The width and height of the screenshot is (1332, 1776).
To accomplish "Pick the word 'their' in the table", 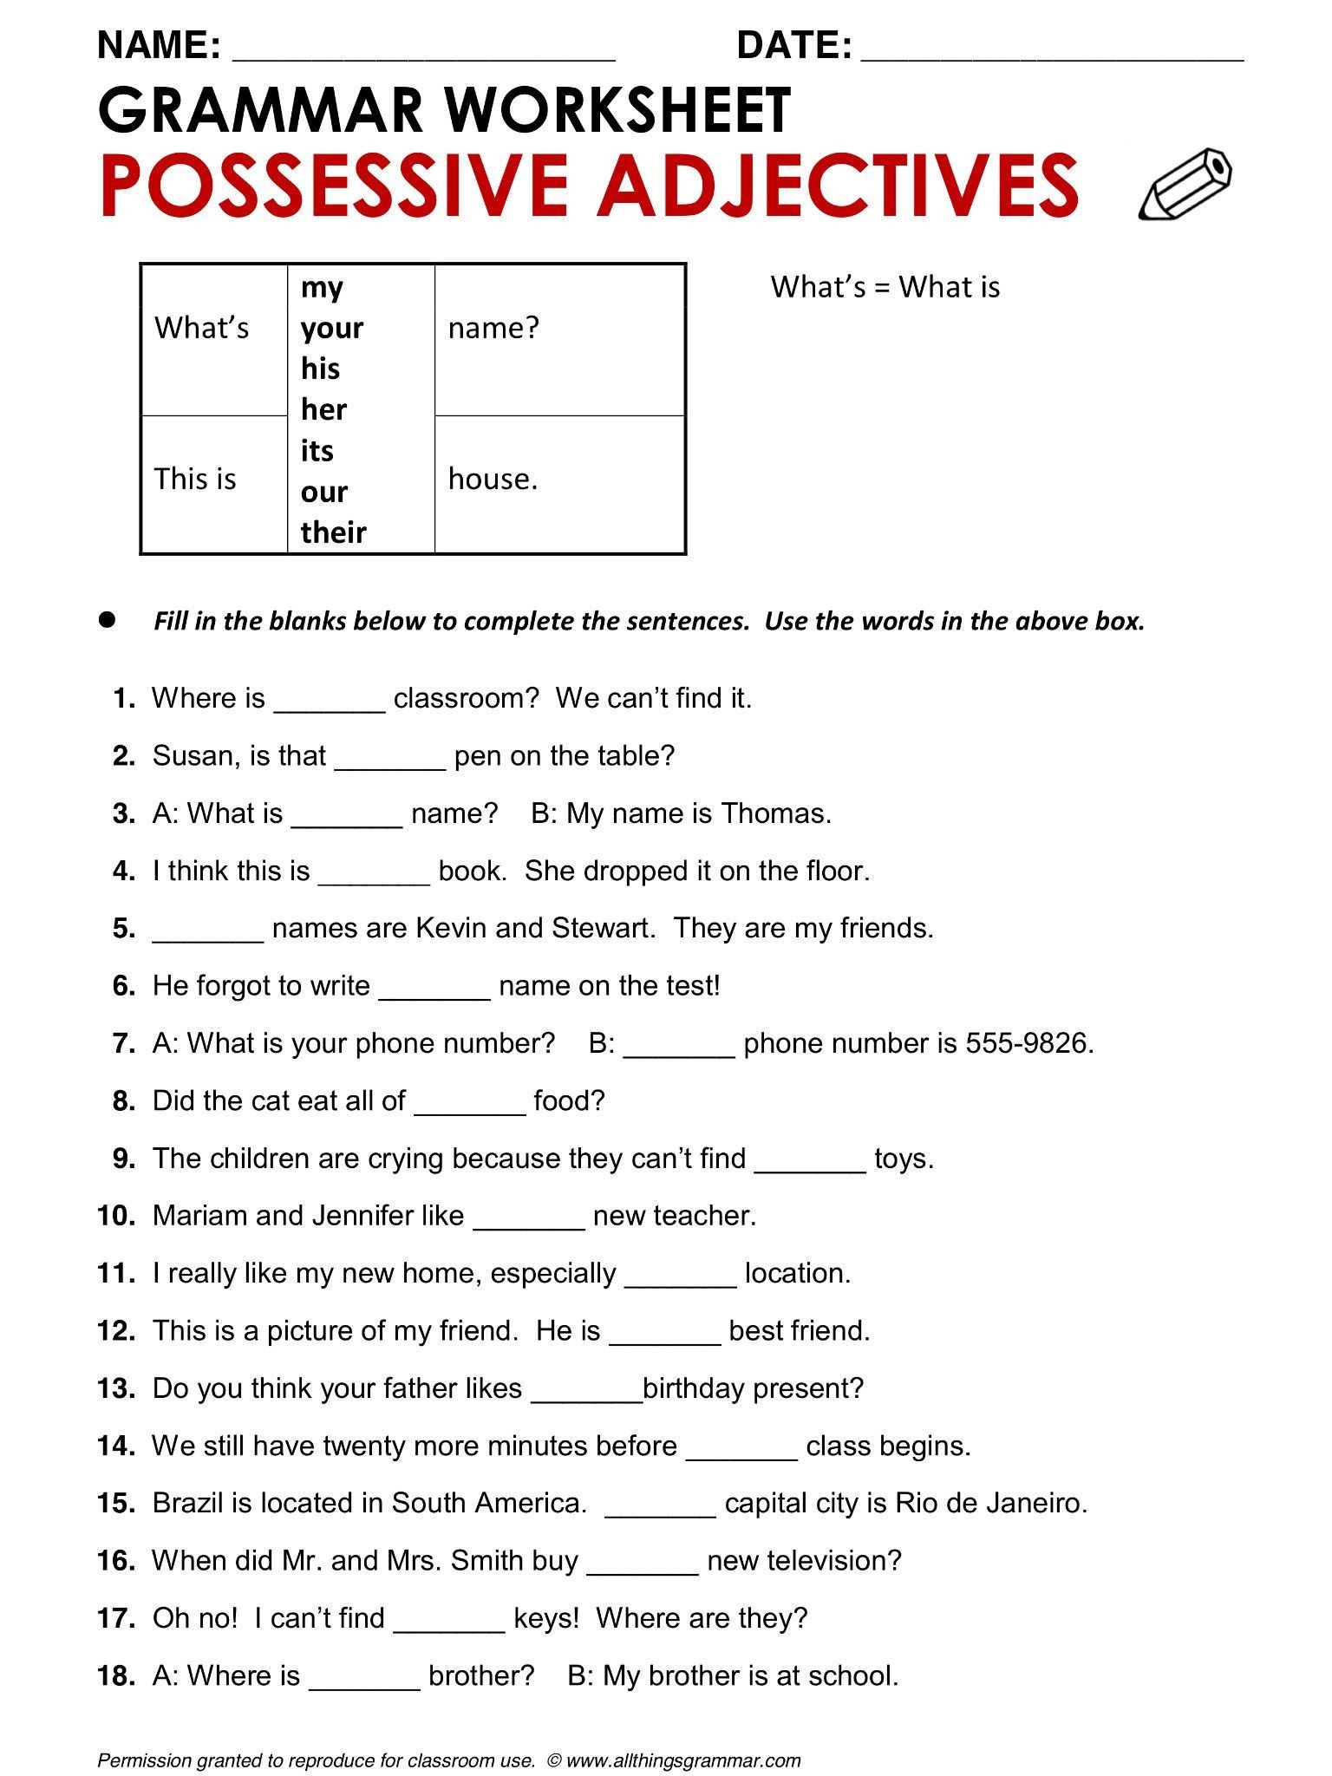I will tap(333, 532).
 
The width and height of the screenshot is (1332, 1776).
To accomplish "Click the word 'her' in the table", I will tap(323, 409).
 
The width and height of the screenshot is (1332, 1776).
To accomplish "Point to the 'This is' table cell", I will tap(195, 479).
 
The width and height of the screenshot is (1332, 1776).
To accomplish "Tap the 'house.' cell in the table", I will tap(493, 479).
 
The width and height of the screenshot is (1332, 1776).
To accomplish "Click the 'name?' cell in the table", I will tap(493, 328).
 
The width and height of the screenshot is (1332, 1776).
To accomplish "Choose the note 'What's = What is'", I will tap(885, 287).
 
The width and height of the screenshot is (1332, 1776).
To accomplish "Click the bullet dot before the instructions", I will tap(108, 620).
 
